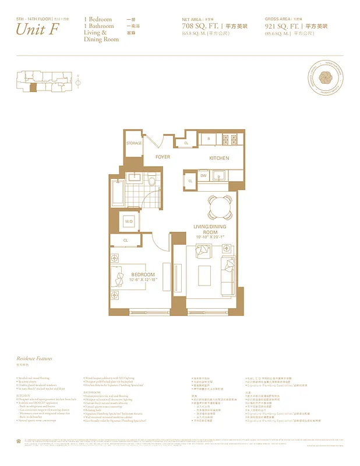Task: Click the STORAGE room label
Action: tap(134, 143)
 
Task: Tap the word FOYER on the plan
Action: tap(163, 158)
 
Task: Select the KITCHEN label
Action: tap(219, 158)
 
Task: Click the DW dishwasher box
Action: tap(203, 175)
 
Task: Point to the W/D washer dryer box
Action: tap(129, 221)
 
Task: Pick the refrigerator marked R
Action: tap(209, 139)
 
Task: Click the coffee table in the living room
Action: tap(204, 274)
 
